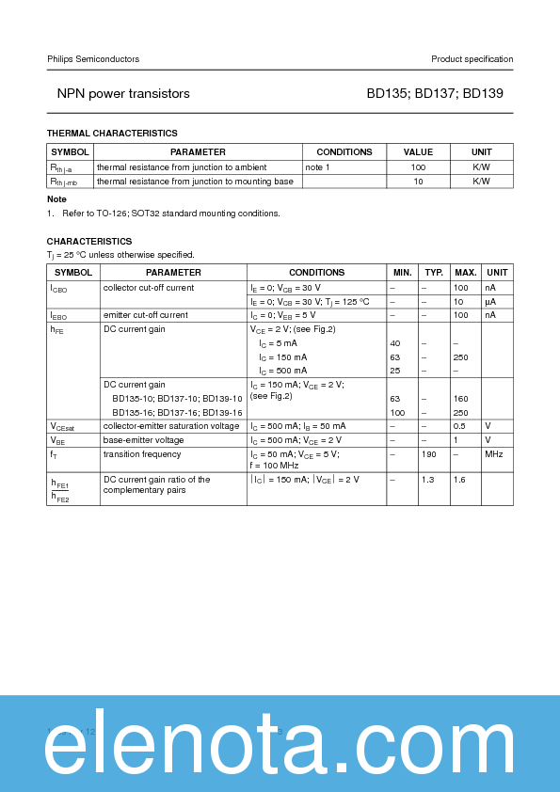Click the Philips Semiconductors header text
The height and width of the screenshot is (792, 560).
[93, 59]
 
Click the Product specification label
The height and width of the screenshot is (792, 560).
[472, 59]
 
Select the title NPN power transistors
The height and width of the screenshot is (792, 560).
[123, 94]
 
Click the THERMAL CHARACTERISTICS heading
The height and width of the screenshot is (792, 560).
[112, 134]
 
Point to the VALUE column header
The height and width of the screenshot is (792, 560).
[418, 151]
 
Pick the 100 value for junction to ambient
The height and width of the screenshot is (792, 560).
[418, 166]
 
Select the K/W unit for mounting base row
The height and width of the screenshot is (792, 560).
[481, 181]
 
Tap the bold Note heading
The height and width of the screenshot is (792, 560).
[56, 199]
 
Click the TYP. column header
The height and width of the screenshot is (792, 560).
[433, 272]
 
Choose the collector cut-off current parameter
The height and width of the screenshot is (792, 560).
[149, 287]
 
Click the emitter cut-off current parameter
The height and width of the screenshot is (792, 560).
[145, 315]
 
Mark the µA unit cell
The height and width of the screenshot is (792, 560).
[490, 301]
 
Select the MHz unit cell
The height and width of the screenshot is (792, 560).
[494, 454]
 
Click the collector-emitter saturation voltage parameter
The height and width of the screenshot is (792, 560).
[171, 426]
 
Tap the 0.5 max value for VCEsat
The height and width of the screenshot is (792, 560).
[460, 426]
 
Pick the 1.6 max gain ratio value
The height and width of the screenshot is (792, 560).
[460, 480]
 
